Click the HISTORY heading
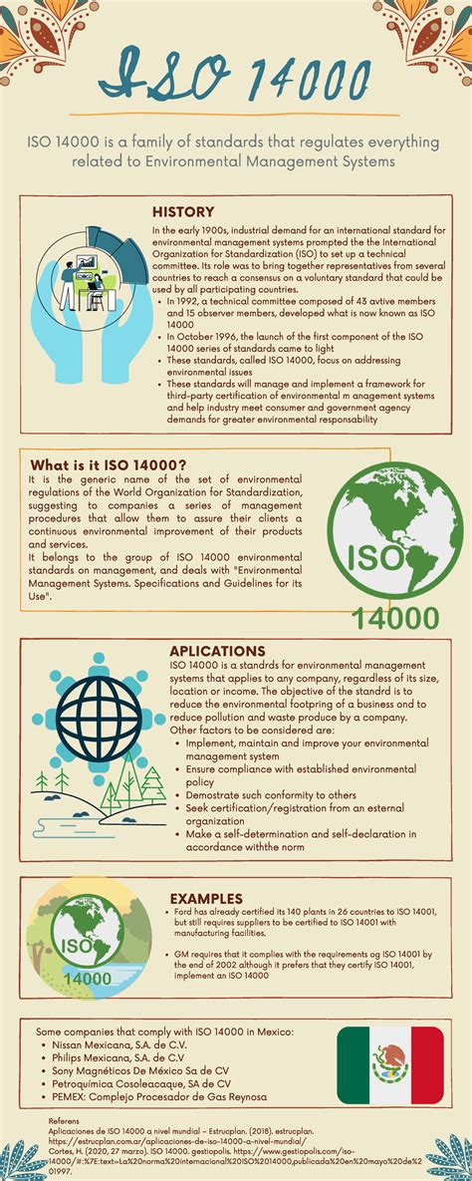pyautogui.click(x=183, y=211)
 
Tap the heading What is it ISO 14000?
pyautogui.click(x=109, y=464)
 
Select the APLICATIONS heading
pyautogui.click(x=217, y=651)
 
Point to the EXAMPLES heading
pyautogui.click(x=206, y=898)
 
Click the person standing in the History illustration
pyautogui.click(x=68, y=289)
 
